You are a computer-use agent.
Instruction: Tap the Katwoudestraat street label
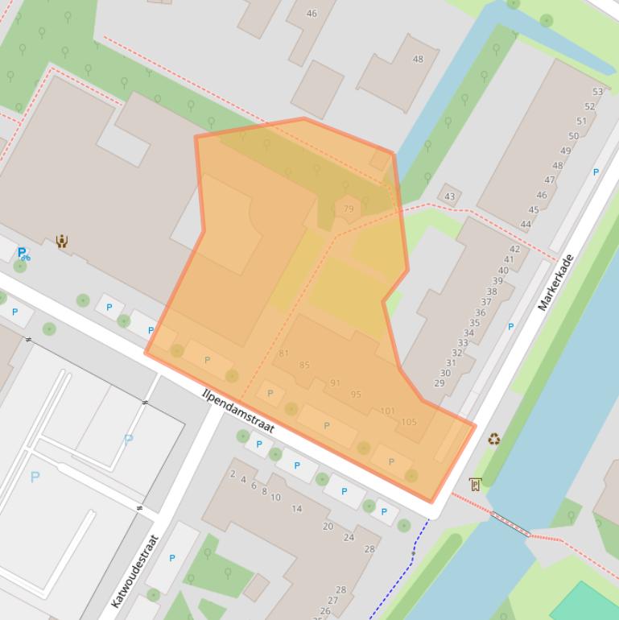click(134, 571)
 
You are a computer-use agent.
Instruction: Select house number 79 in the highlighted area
click(349, 209)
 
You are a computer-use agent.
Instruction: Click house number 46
click(312, 13)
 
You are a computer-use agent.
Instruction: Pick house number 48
click(418, 59)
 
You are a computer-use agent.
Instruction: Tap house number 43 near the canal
click(449, 196)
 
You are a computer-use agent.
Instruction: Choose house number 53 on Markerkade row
click(597, 92)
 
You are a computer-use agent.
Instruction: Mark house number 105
click(408, 422)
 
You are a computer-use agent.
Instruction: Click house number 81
click(283, 353)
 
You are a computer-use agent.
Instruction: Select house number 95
click(356, 395)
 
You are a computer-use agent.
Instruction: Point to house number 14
click(296, 509)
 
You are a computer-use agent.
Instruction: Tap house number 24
click(349, 537)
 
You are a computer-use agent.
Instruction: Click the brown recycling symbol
click(493, 439)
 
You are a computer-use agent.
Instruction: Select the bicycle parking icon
click(24, 254)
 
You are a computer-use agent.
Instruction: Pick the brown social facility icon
click(62, 241)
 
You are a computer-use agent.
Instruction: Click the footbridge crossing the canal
click(511, 523)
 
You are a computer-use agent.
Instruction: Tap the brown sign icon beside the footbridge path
click(475, 484)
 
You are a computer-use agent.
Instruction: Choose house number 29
click(439, 382)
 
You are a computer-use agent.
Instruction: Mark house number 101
click(388, 411)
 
